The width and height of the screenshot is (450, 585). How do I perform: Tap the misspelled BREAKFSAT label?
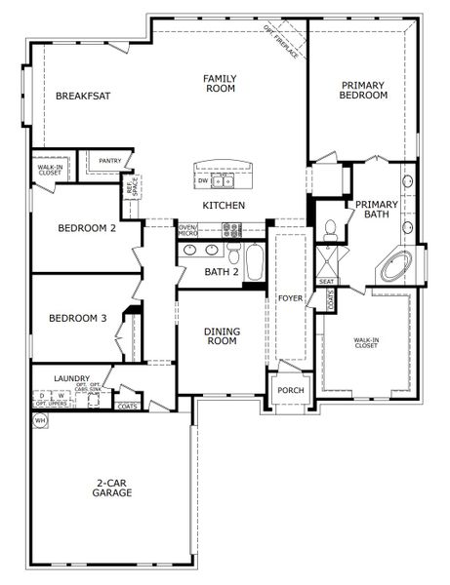[x=81, y=96]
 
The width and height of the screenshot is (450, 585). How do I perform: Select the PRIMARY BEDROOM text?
[x=363, y=90]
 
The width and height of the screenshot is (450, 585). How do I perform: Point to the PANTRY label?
[x=110, y=162]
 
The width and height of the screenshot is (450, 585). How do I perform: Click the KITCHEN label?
[x=224, y=206]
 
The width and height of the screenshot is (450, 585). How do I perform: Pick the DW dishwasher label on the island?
[x=202, y=181]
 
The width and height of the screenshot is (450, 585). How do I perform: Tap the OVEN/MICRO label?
[x=188, y=231]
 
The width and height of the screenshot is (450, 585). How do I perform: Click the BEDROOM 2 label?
[x=87, y=228]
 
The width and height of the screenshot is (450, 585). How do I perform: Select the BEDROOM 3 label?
[x=77, y=318]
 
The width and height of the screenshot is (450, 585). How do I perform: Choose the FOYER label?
[x=290, y=297]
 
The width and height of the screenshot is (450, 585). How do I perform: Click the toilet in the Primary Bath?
[x=331, y=229]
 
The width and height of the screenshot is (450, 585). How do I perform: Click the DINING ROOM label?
[x=222, y=336]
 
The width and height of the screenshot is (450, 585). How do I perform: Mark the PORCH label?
[x=290, y=391]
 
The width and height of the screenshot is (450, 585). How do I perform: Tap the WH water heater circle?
[x=41, y=420]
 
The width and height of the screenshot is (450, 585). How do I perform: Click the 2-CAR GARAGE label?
[x=114, y=487]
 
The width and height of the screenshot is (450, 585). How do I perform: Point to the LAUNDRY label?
[x=72, y=378]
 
